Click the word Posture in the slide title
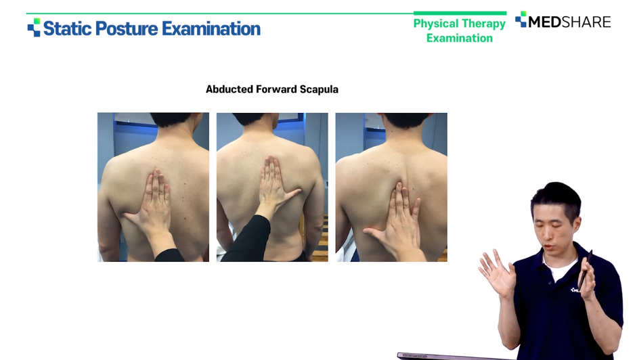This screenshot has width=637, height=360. pyautogui.click(x=127, y=28)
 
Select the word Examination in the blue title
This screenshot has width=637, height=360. pyautogui.click(x=211, y=28)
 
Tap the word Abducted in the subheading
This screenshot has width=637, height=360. pyautogui.click(x=229, y=89)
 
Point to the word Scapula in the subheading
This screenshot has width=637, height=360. pyautogui.click(x=319, y=89)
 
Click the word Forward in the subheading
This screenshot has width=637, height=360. pyautogui.click(x=276, y=89)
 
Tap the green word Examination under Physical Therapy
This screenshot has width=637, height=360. pyautogui.click(x=460, y=38)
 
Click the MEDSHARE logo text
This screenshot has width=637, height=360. pyautogui.click(x=569, y=22)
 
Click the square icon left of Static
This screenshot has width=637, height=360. pyautogui.click(x=34, y=27)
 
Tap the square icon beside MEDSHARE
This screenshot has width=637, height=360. pyautogui.click(x=521, y=19)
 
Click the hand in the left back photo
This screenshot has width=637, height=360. pyautogui.click(x=150, y=203)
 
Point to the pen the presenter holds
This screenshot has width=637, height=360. pyautogui.click(x=585, y=268)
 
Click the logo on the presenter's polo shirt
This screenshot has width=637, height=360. pyautogui.click(x=575, y=290)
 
